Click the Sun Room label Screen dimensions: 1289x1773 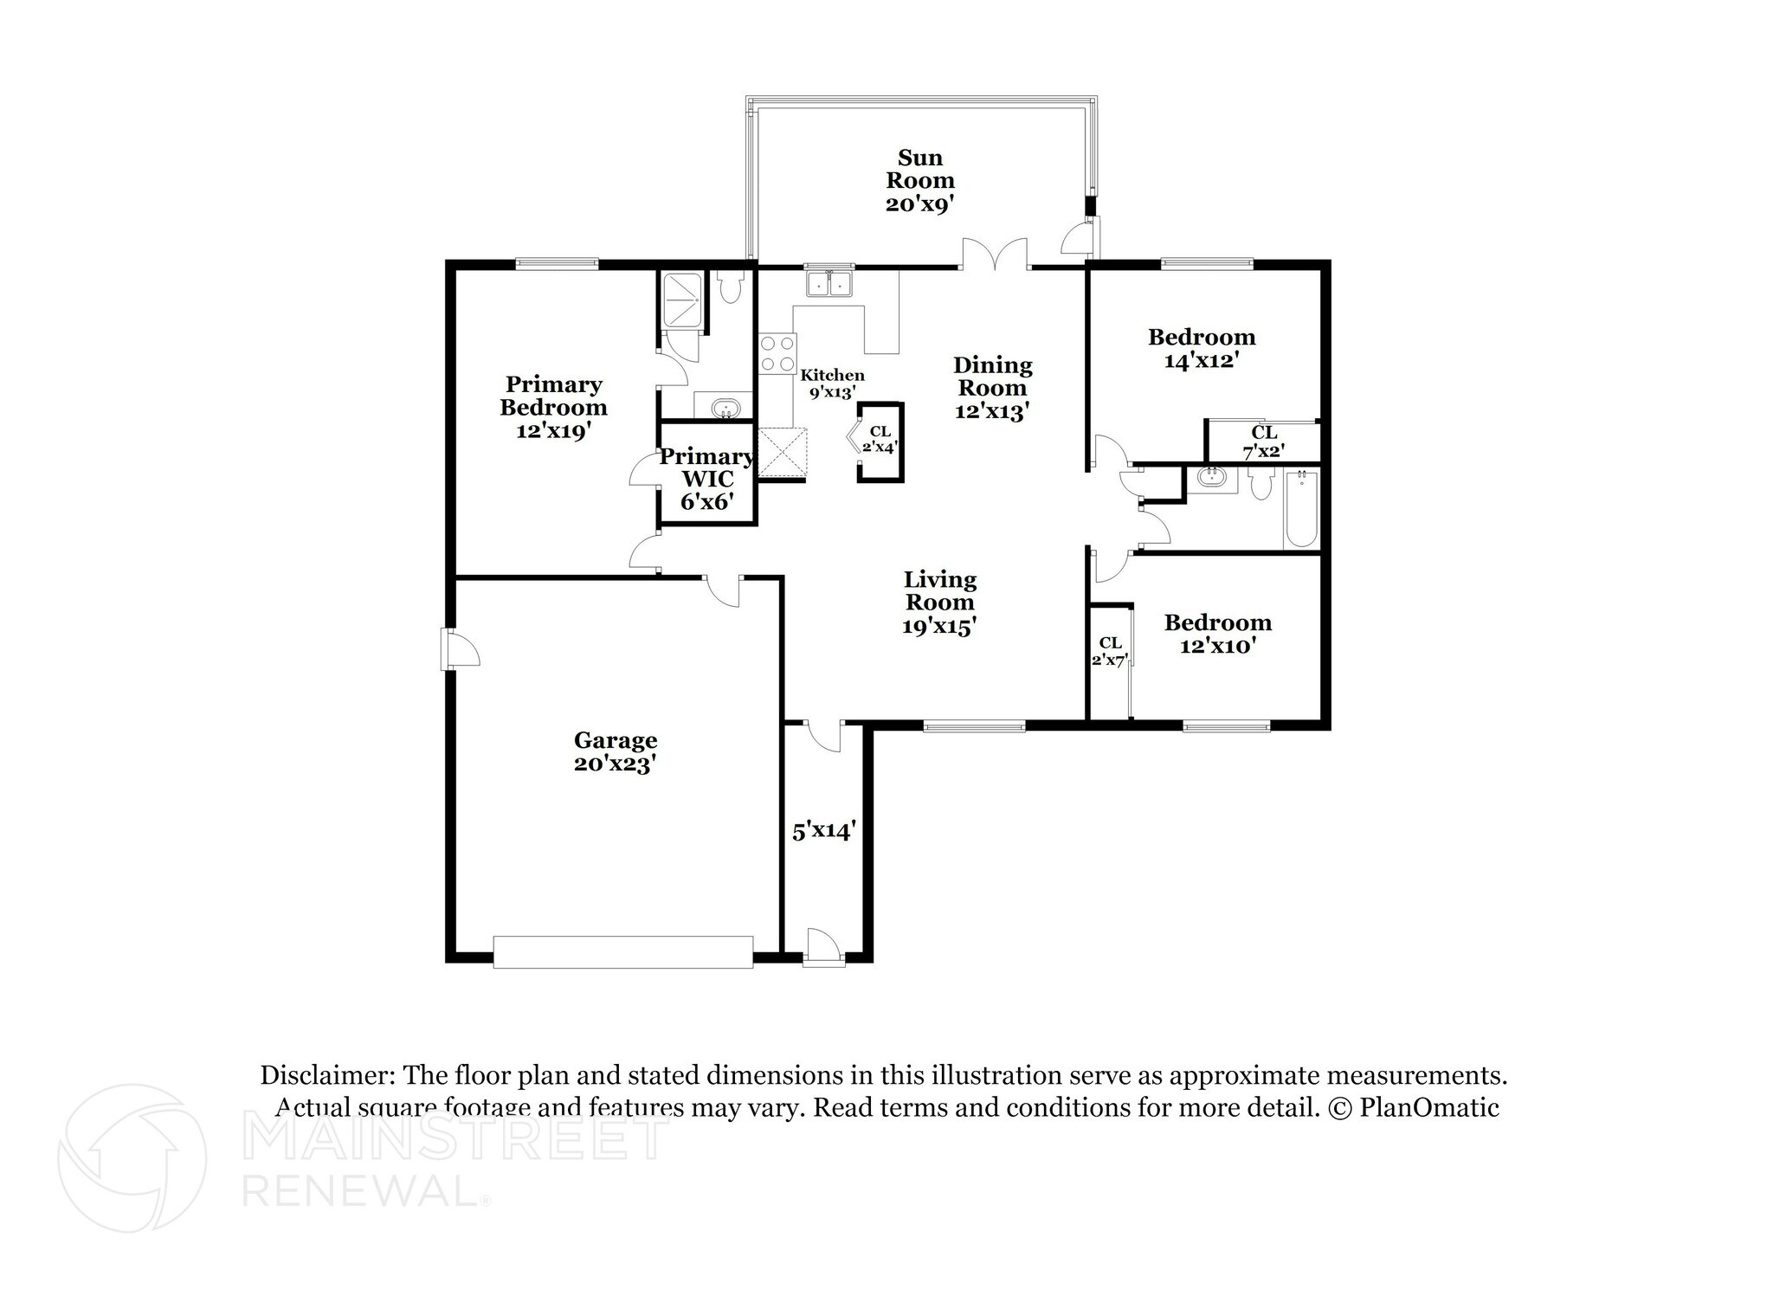919,180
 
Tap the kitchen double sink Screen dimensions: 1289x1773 828,283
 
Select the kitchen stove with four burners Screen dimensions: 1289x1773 777,353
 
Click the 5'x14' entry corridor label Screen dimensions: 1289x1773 824,831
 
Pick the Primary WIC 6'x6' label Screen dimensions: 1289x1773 706,479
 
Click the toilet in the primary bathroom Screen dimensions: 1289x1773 730,288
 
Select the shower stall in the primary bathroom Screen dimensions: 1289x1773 682,300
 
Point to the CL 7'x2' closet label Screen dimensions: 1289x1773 1263,441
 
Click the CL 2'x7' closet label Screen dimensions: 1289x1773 1110,650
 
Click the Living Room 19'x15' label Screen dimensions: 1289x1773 939,603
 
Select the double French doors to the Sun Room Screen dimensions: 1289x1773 995,256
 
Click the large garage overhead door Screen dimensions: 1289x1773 622,951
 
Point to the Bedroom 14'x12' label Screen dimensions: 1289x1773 1201,348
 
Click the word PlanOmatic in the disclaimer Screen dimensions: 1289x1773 1428,1107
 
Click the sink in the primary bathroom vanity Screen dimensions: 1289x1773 724,406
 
